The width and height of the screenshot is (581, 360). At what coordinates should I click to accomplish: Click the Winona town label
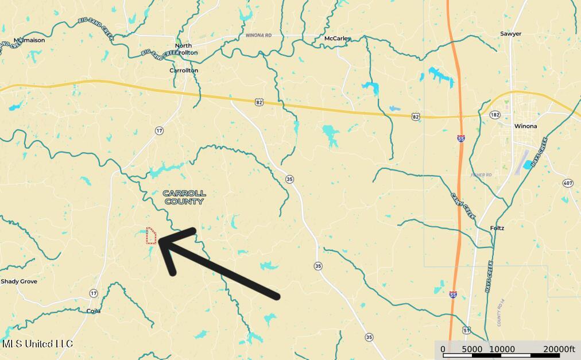pos(525,126)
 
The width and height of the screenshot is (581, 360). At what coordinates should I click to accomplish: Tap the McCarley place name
pos(336,38)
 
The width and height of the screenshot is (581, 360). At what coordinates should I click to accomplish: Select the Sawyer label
pos(510,34)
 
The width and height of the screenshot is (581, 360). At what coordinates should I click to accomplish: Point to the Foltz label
pos(497,228)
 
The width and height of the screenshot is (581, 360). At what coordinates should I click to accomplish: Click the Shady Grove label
pos(19,281)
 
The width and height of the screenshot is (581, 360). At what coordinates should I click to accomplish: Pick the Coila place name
pos(93,311)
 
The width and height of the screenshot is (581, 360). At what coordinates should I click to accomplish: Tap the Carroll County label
pos(184,198)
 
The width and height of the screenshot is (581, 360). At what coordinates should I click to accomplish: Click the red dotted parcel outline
pos(151,236)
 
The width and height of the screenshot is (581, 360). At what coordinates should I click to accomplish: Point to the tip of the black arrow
pos(160,242)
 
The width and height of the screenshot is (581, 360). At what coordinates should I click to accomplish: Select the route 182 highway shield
pos(495,115)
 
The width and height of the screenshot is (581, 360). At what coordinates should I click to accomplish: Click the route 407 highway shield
pos(567,183)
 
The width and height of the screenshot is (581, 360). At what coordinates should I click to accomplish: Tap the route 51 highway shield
pos(466,330)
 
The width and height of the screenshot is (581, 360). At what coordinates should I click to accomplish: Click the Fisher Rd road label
pos(482,175)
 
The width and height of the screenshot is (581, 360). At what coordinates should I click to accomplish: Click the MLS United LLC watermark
pos(37,343)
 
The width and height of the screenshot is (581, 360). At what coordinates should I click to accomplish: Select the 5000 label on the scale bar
pos(472,349)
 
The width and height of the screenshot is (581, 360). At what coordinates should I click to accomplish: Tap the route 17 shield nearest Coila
pos(94,293)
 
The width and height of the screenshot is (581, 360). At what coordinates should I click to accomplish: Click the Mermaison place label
pos(29,40)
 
